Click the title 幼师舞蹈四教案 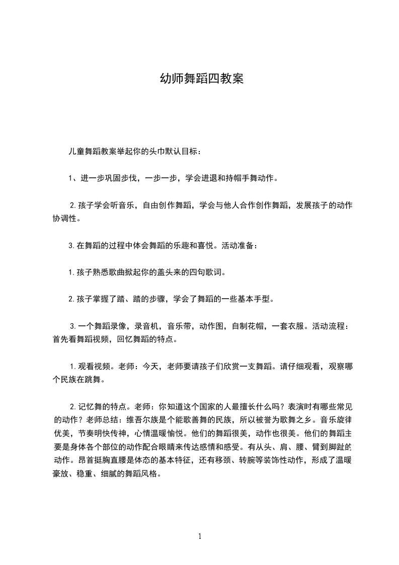click(x=201, y=79)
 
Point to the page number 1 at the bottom click(x=200, y=536)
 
